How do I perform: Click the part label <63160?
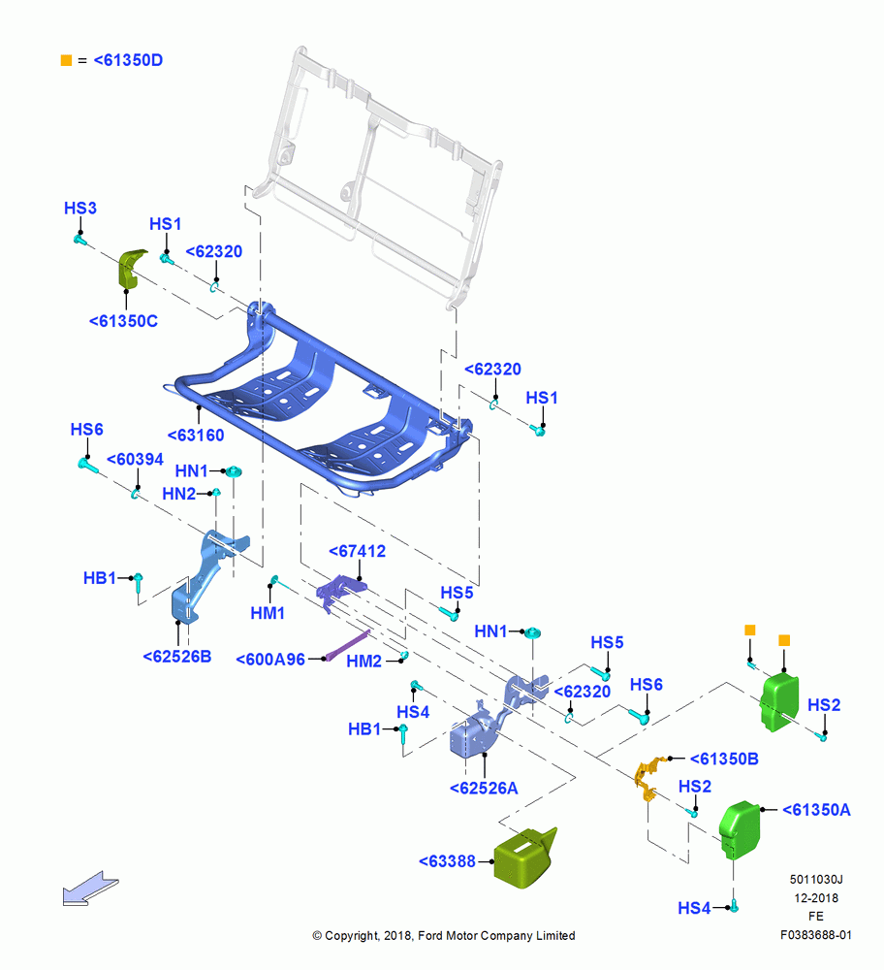coord(196,436)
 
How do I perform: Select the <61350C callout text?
coord(123,321)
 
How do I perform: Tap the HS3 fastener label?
coord(80,208)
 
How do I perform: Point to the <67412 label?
coord(357,551)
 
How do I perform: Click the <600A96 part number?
coord(270,660)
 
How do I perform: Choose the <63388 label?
coord(447,861)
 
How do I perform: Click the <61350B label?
coord(724,760)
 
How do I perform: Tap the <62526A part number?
coord(484,788)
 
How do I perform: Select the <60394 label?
coord(135,460)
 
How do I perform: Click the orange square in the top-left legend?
coord(66,60)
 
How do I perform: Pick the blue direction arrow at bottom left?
coord(90,889)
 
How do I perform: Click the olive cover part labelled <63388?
coord(524,857)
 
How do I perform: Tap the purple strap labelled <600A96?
coord(348,645)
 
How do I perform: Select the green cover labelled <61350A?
coord(740,830)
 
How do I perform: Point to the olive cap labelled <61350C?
coord(131,269)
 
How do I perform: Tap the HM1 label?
coord(268,613)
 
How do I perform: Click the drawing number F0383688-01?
coord(816,935)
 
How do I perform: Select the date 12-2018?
coord(816,898)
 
